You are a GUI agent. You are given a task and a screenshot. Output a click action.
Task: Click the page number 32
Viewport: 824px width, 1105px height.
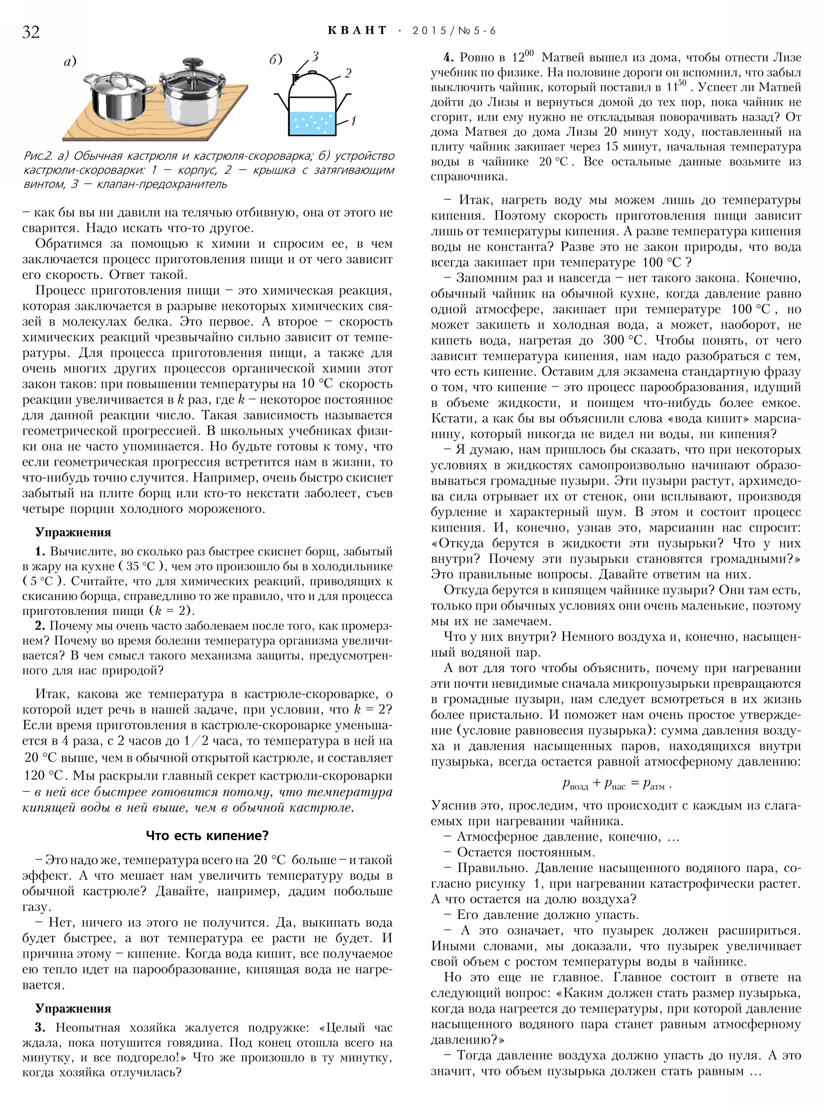[x=31, y=32]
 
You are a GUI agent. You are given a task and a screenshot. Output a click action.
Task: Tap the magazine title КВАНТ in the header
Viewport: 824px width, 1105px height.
[x=357, y=30]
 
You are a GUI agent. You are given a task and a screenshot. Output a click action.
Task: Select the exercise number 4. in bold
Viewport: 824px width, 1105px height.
[x=448, y=57]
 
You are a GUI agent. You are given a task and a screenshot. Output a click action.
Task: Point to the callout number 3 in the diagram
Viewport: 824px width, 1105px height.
[x=315, y=57]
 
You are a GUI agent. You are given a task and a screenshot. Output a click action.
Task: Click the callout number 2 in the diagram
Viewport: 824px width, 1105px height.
[x=348, y=73]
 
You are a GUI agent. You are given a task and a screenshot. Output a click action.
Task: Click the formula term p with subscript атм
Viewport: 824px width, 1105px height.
[x=654, y=784]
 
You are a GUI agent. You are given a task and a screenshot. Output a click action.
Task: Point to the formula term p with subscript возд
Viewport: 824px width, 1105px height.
[x=575, y=784]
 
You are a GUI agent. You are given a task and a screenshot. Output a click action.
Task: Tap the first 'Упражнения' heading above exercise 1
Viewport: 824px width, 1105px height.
[x=73, y=532]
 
